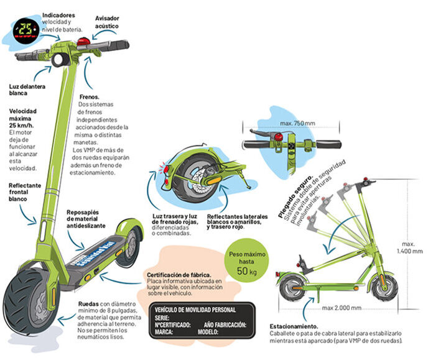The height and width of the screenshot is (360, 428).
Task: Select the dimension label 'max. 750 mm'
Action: pos(297,122)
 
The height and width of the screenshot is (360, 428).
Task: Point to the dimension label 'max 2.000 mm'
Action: pos(342,308)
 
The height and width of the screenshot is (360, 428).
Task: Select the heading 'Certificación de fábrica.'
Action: pos(179,274)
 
